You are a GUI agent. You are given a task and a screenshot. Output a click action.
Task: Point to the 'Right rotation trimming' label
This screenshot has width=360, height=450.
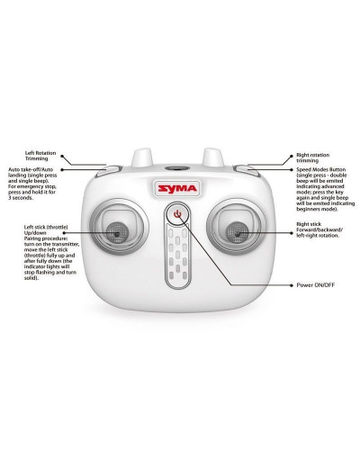click(316, 158)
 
